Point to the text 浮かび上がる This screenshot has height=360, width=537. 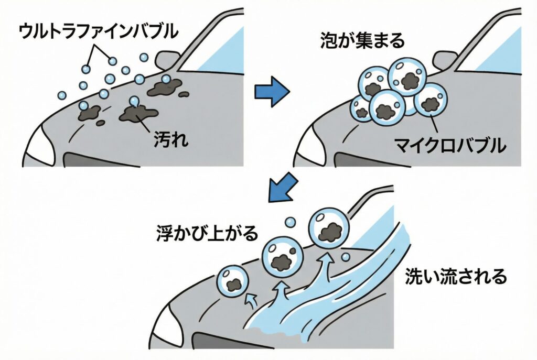click(x=208, y=232)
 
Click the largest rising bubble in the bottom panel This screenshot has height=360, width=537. click(x=329, y=229)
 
